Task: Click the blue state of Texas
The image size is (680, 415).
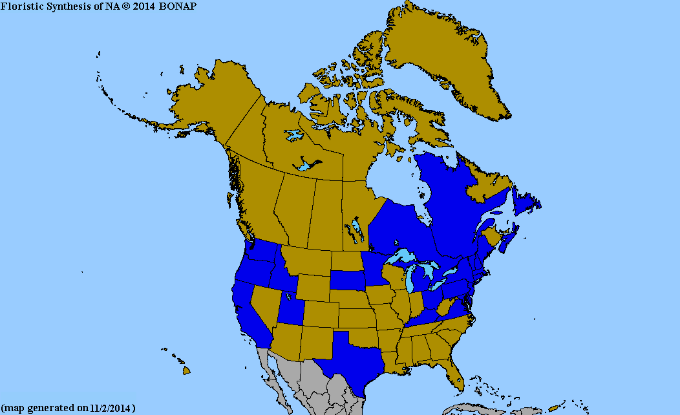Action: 352,359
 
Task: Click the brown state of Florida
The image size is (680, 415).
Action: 453,372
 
